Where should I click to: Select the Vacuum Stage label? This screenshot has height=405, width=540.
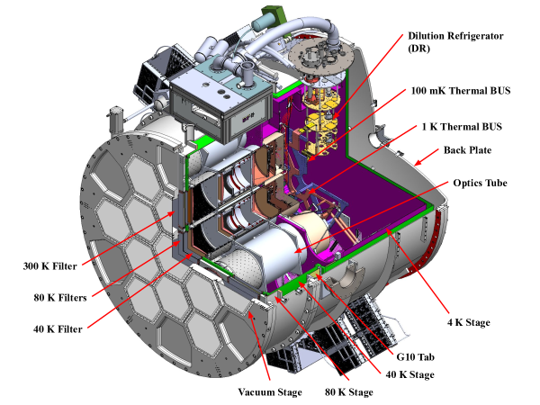coord(269,392)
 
